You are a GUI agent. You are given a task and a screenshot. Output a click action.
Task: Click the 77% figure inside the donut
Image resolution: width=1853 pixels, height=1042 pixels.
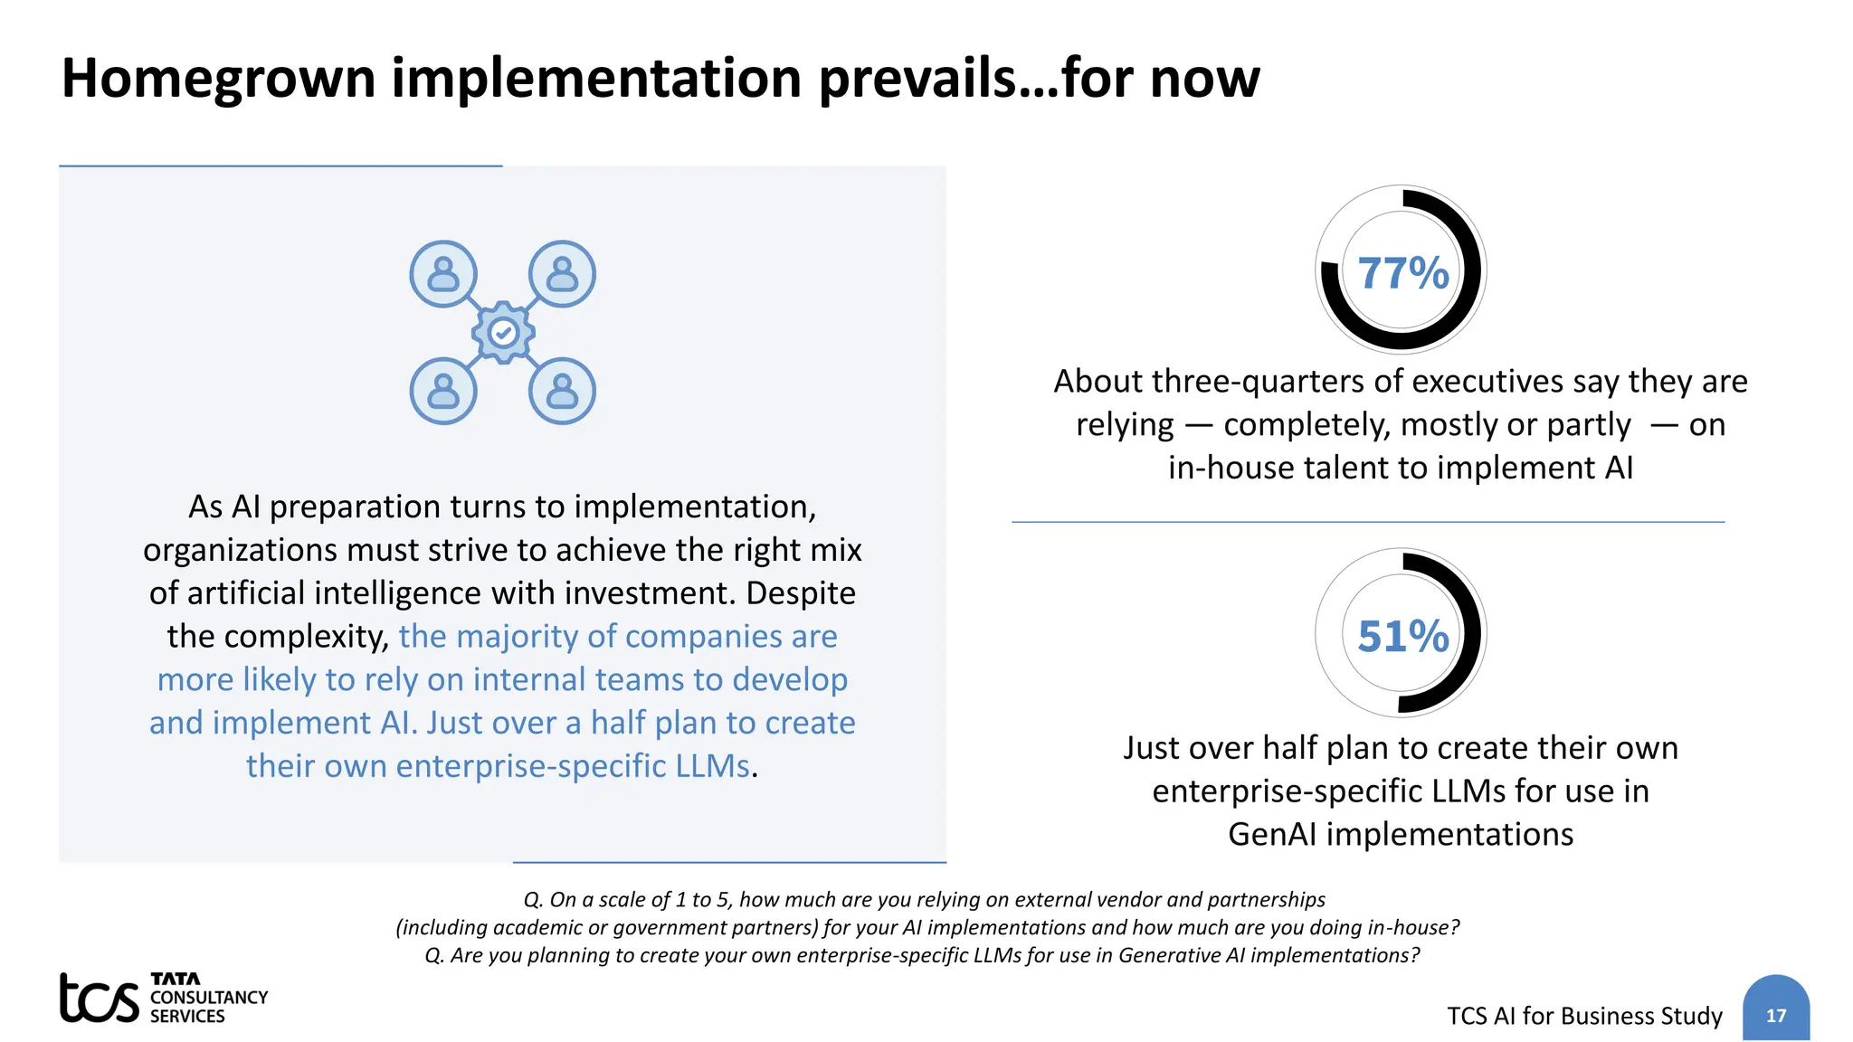[x=1402, y=273]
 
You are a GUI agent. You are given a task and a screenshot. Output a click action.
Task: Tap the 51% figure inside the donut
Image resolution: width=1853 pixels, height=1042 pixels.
[x=1402, y=636]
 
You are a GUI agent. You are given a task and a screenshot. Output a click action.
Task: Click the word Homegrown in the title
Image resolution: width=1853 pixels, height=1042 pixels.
[x=218, y=78]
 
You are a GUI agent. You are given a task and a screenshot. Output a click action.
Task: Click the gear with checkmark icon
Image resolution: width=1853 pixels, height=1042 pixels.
[x=503, y=333]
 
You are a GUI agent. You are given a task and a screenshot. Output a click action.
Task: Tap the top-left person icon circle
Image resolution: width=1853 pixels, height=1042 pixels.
[x=443, y=273]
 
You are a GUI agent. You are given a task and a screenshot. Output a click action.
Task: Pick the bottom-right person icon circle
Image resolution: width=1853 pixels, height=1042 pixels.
[x=562, y=391]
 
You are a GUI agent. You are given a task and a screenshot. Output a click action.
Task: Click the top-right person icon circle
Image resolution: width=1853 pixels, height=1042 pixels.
[x=562, y=273]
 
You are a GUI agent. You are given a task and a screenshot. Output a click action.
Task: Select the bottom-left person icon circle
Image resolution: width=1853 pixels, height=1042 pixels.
[x=443, y=391]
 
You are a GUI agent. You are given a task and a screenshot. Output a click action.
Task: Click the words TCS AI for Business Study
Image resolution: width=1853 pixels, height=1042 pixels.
[x=1584, y=1016]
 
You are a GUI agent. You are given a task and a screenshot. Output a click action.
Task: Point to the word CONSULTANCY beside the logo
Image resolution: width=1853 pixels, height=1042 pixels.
[x=209, y=997]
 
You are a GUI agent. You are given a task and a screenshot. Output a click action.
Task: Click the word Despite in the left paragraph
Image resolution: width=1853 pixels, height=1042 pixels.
[x=800, y=593]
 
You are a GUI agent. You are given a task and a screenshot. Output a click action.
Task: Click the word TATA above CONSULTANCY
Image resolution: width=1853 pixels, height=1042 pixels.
[x=176, y=979]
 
